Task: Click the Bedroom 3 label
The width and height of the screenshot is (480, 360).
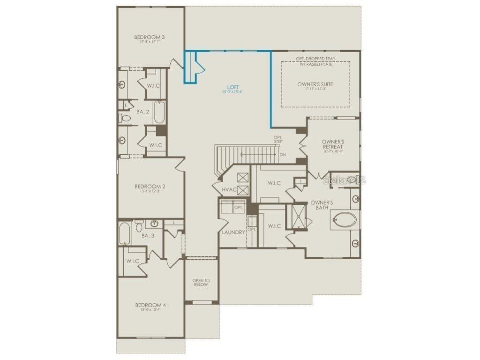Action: click(x=149, y=37)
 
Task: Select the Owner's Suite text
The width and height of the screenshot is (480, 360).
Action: click(x=315, y=84)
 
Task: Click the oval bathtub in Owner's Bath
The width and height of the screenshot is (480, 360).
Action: click(x=345, y=220)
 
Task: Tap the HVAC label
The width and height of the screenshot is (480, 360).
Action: click(x=229, y=189)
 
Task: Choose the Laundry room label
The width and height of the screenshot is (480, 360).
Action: click(x=233, y=232)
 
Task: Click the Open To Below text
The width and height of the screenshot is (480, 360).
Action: click(x=201, y=282)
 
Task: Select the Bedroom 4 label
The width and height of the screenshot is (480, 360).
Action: click(x=150, y=305)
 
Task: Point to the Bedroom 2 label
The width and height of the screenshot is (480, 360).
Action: click(x=150, y=186)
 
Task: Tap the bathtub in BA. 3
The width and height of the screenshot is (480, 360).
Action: click(x=124, y=234)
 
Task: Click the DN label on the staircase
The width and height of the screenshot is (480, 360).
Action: click(x=282, y=154)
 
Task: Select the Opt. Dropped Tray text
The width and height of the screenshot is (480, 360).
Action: click(x=315, y=59)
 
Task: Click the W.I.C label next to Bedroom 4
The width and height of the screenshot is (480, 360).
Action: click(x=132, y=261)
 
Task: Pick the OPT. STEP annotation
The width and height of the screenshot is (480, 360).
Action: click(x=278, y=139)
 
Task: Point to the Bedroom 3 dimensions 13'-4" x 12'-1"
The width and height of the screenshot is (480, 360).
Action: click(x=149, y=42)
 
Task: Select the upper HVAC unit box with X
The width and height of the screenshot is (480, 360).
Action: click(x=243, y=178)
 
